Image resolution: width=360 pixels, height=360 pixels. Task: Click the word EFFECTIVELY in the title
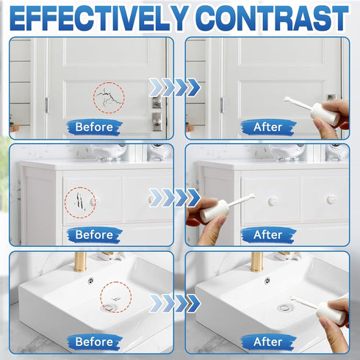[99, 18]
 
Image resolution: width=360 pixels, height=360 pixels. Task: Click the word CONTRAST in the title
[272, 18]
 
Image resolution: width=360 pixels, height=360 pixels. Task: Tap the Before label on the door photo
[94, 127]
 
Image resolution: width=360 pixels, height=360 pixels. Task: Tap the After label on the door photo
[268, 127]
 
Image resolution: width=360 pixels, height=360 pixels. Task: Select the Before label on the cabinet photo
[94, 235]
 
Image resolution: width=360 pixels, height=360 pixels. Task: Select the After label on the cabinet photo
[268, 235]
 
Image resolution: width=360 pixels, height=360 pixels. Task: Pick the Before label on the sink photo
[94, 342]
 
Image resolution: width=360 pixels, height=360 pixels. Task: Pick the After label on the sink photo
[268, 342]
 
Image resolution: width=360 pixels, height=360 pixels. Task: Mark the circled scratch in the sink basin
[116, 299]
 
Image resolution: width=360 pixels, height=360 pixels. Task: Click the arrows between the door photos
[175, 87]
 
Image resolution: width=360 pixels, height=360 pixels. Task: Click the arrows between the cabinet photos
[175, 198]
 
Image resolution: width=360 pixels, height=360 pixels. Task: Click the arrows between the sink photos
[175, 303]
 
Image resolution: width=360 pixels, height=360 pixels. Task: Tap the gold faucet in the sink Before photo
[80, 262]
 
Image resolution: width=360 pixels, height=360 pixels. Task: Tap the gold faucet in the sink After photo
[256, 262]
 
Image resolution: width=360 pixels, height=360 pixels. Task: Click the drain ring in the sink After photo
[284, 308]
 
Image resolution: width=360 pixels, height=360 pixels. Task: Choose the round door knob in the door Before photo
[156, 120]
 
